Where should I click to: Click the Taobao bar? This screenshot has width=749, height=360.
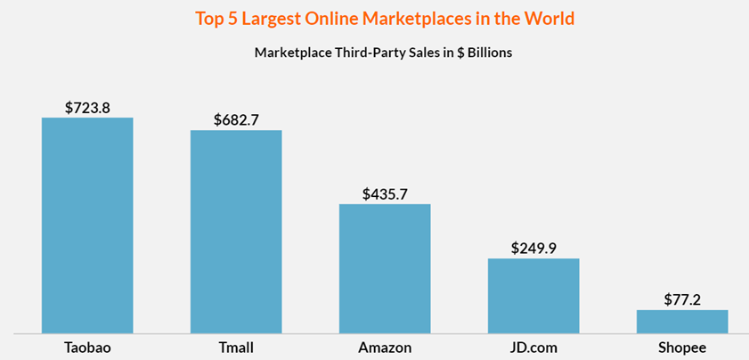(87, 225)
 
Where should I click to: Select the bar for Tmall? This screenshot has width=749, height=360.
(236, 232)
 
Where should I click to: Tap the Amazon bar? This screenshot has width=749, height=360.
(385, 268)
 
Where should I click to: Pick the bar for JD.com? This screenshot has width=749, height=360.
(533, 296)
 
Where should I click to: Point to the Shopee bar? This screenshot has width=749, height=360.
(682, 322)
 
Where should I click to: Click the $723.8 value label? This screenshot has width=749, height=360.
(87, 107)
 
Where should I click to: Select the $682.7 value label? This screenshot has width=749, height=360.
(236, 119)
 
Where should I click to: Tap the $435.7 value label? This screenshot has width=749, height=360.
(385, 193)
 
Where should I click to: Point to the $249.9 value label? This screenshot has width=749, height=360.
(533, 248)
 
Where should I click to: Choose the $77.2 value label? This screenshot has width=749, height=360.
(682, 299)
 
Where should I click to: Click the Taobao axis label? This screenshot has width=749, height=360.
(87, 346)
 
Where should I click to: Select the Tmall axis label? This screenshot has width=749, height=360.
(236, 346)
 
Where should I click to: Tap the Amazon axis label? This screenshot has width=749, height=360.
(385, 346)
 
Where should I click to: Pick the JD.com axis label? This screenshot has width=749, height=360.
(533, 346)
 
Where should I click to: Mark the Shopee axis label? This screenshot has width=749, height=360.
(682, 346)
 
